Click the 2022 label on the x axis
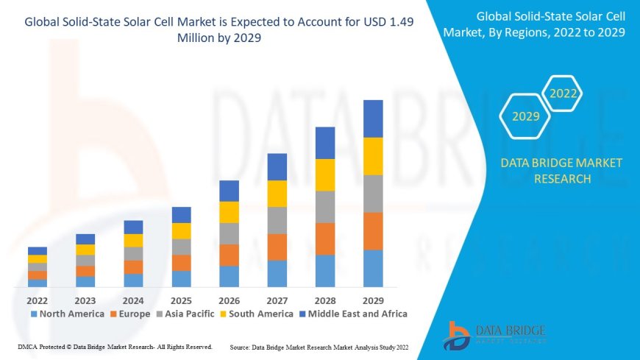pyautogui.click(x=38, y=300)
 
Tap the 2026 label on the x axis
pyautogui.click(x=229, y=300)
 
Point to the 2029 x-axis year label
pyautogui.click(x=373, y=300)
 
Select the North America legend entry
pyautogui.click(x=68, y=314)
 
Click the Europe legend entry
pyautogui.click(x=130, y=314)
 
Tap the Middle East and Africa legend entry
pyautogui.click(x=352, y=314)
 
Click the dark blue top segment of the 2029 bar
pyautogui.click(x=373, y=119)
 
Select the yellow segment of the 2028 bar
pyautogui.click(x=325, y=174)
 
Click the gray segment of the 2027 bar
pyautogui.click(x=277, y=220)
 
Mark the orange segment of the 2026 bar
pyautogui.click(x=229, y=255)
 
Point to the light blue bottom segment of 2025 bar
pyautogui.click(x=181, y=278)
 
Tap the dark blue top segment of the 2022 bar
pyautogui.click(x=38, y=251)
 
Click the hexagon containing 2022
pyautogui.click(x=563, y=94)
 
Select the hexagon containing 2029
pyautogui.click(x=526, y=116)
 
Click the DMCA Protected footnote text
pyautogui.click(x=115, y=347)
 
